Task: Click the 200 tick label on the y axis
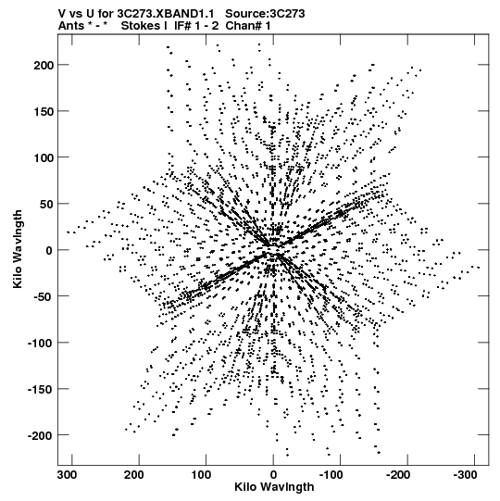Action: pyautogui.click(x=43, y=65)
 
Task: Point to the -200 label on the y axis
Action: pyautogui.click(x=40, y=435)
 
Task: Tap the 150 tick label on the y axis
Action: pyautogui.click(x=43, y=111)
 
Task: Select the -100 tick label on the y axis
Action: pyautogui.click(x=40, y=343)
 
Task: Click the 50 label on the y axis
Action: pyautogui.click(x=46, y=204)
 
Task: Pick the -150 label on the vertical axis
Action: pyautogui.click(x=40, y=389)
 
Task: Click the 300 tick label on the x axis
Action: pyautogui.click(x=67, y=475)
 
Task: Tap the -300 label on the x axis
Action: pyautogui.click(x=465, y=475)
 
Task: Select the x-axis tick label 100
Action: pyautogui.click(x=201, y=475)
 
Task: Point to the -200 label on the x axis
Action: pyautogui.click(x=398, y=475)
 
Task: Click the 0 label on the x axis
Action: pyautogui.click(x=273, y=475)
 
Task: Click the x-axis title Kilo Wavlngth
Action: pyautogui.click(x=274, y=487)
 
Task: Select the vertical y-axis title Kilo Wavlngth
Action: pyautogui.click(x=18, y=249)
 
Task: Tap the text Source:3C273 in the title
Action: pyautogui.click(x=265, y=14)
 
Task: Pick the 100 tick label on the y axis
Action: pyautogui.click(x=43, y=157)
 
